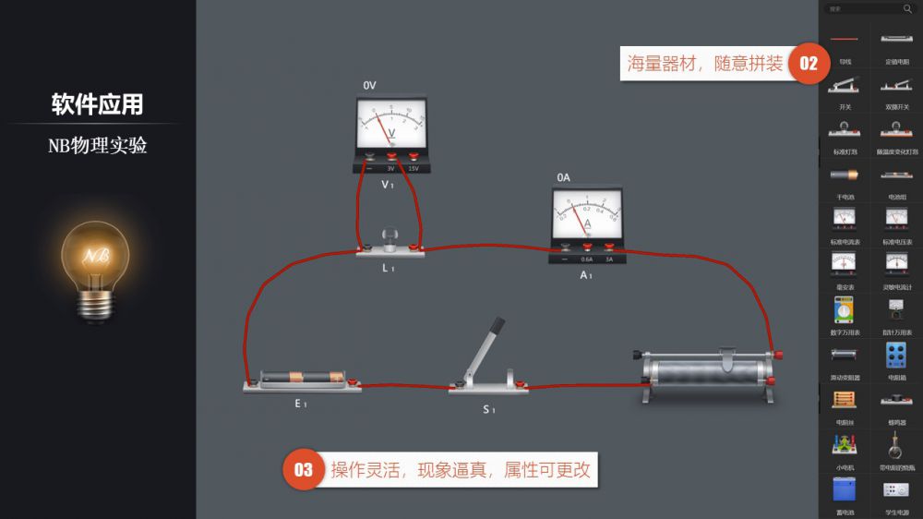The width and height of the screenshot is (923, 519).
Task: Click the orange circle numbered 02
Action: [809, 64]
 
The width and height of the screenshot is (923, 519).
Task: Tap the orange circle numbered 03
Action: [304, 470]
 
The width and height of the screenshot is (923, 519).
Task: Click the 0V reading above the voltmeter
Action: [369, 85]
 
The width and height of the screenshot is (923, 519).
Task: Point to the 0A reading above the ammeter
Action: [563, 177]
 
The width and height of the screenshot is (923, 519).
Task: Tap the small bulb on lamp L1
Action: [390, 236]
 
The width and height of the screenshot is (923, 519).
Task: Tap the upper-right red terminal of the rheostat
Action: [780, 354]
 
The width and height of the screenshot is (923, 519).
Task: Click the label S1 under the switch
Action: [488, 409]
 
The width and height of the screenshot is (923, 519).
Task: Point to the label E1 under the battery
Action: [301, 404]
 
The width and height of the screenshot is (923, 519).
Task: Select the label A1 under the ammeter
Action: [586, 275]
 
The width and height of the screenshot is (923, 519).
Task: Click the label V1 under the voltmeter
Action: [389, 184]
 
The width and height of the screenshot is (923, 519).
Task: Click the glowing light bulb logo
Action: [95, 263]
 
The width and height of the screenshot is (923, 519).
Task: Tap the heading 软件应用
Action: [97, 104]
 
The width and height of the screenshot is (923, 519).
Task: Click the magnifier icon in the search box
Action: [906, 8]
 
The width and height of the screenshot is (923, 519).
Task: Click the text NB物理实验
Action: [97, 145]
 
